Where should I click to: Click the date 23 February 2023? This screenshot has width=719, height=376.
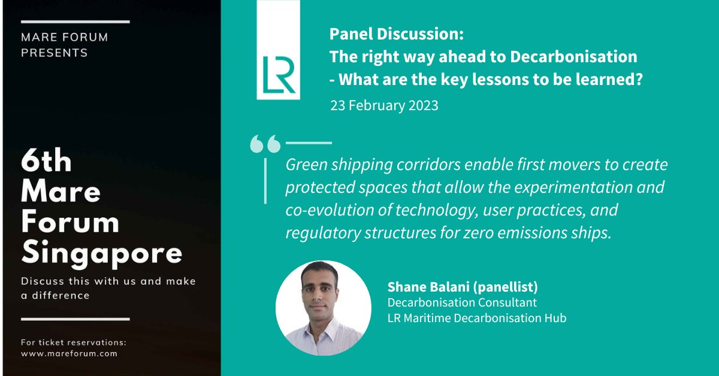(x=384, y=106)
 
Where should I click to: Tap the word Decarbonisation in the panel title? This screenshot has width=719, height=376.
(x=573, y=57)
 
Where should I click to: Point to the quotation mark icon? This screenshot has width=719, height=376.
(x=265, y=144)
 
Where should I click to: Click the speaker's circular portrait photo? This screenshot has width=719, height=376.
(x=324, y=308)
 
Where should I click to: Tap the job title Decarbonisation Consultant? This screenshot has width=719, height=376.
(x=462, y=302)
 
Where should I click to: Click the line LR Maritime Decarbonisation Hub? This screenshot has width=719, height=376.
(x=476, y=318)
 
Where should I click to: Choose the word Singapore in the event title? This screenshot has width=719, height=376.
(x=102, y=254)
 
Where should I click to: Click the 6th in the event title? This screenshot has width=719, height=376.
(x=46, y=162)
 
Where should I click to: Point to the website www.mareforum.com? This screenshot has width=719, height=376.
(x=68, y=354)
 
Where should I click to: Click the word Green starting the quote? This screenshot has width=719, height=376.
(x=305, y=165)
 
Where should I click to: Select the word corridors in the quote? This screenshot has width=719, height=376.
(x=415, y=165)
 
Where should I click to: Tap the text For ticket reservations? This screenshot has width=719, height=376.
(x=74, y=343)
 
